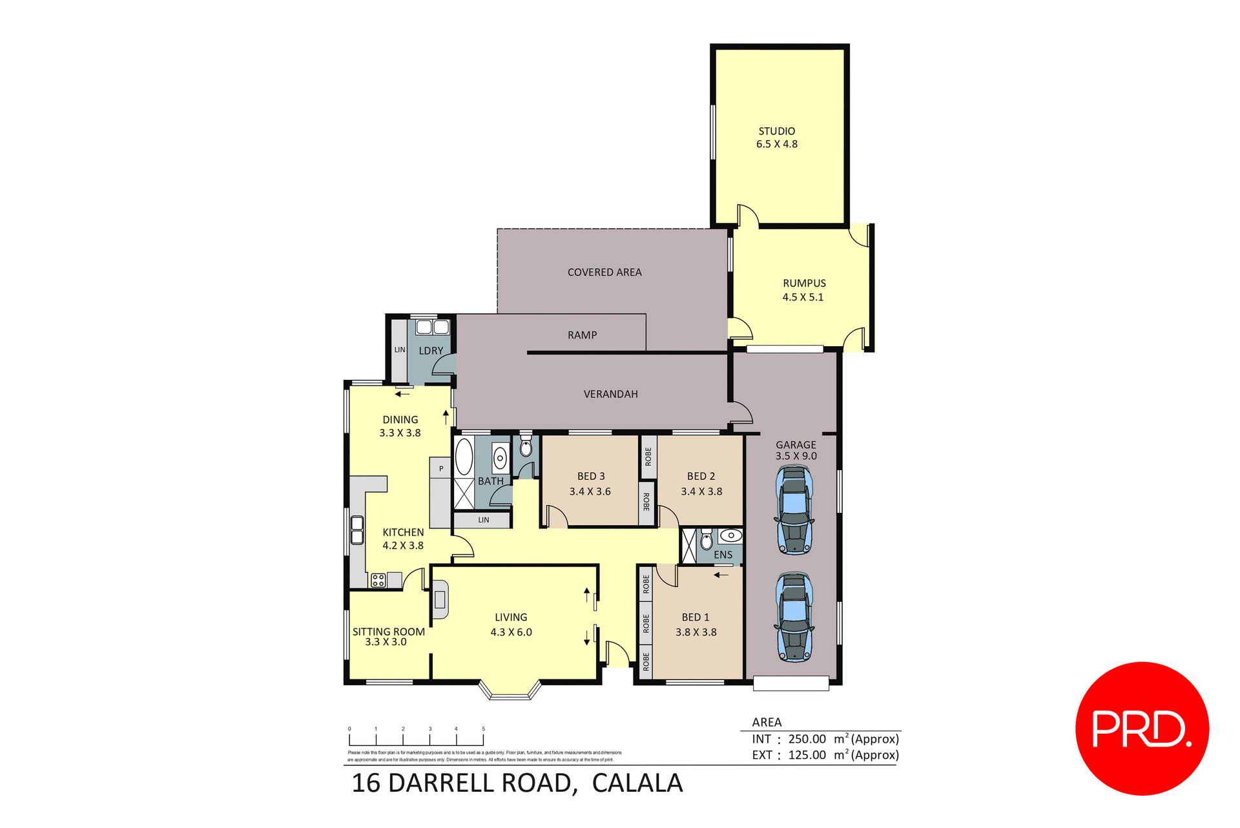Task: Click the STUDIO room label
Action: coord(776,131)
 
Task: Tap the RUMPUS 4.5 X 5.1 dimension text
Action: coord(803,297)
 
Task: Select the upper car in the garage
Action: coord(794,510)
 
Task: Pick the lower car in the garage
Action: coord(794,617)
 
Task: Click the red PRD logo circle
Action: coord(1142,728)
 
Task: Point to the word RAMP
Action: coord(582,335)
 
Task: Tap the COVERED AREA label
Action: coord(604,273)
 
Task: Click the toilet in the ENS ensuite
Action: coord(707,539)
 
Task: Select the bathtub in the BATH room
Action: coord(464,457)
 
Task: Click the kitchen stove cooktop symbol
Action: coord(378,580)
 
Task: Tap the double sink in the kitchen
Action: coord(357,530)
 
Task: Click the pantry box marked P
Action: coord(440,468)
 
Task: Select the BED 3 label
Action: coord(591,476)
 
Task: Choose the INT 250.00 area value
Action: coord(807,739)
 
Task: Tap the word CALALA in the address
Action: coord(637,783)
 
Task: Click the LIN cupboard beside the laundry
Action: coord(400,350)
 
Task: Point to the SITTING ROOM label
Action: coord(388,632)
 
